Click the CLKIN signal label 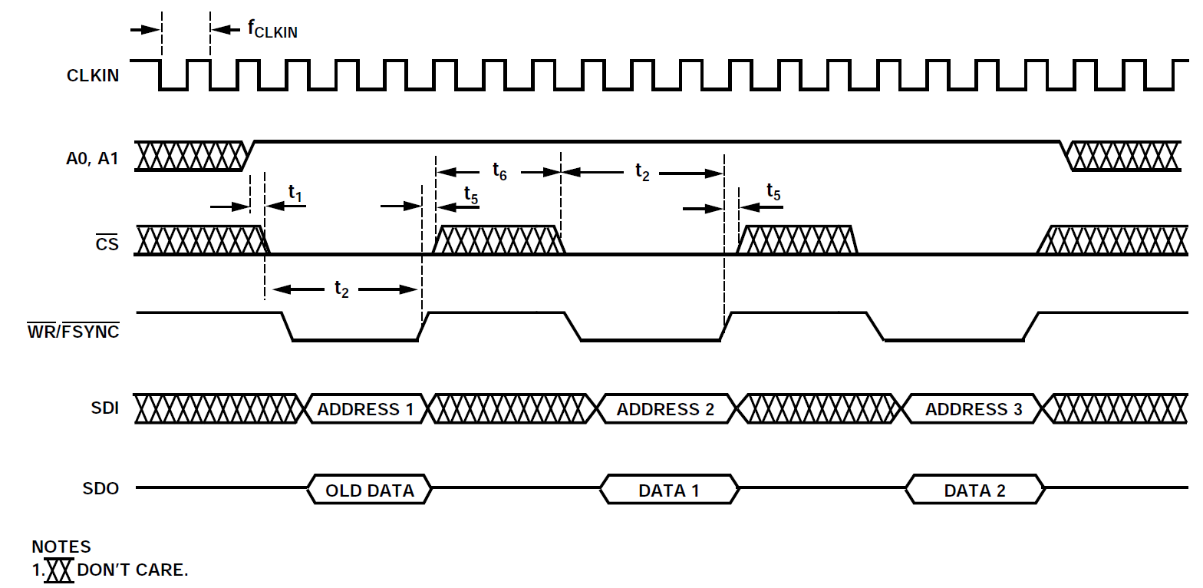pyautogui.click(x=93, y=76)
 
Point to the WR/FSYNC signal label pyautogui.click(x=74, y=332)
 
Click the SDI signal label pyautogui.click(x=105, y=408)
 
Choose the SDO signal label pyautogui.click(x=101, y=488)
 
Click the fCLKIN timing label pyautogui.click(x=272, y=30)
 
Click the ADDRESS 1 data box pyautogui.click(x=365, y=409)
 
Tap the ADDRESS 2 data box pyautogui.click(x=665, y=409)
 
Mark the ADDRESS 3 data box pyautogui.click(x=974, y=409)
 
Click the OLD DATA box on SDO pyautogui.click(x=370, y=490)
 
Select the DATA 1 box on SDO pyautogui.click(x=669, y=490)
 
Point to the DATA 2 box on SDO pyautogui.click(x=974, y=490)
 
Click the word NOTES pyautogui.click(x=61, y=547)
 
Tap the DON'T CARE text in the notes pyautogui.click(x=132, y=570)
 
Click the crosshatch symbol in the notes pyautogui.click(x=59, y=570)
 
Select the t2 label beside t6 pyautogui.click(x=642, y=172)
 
